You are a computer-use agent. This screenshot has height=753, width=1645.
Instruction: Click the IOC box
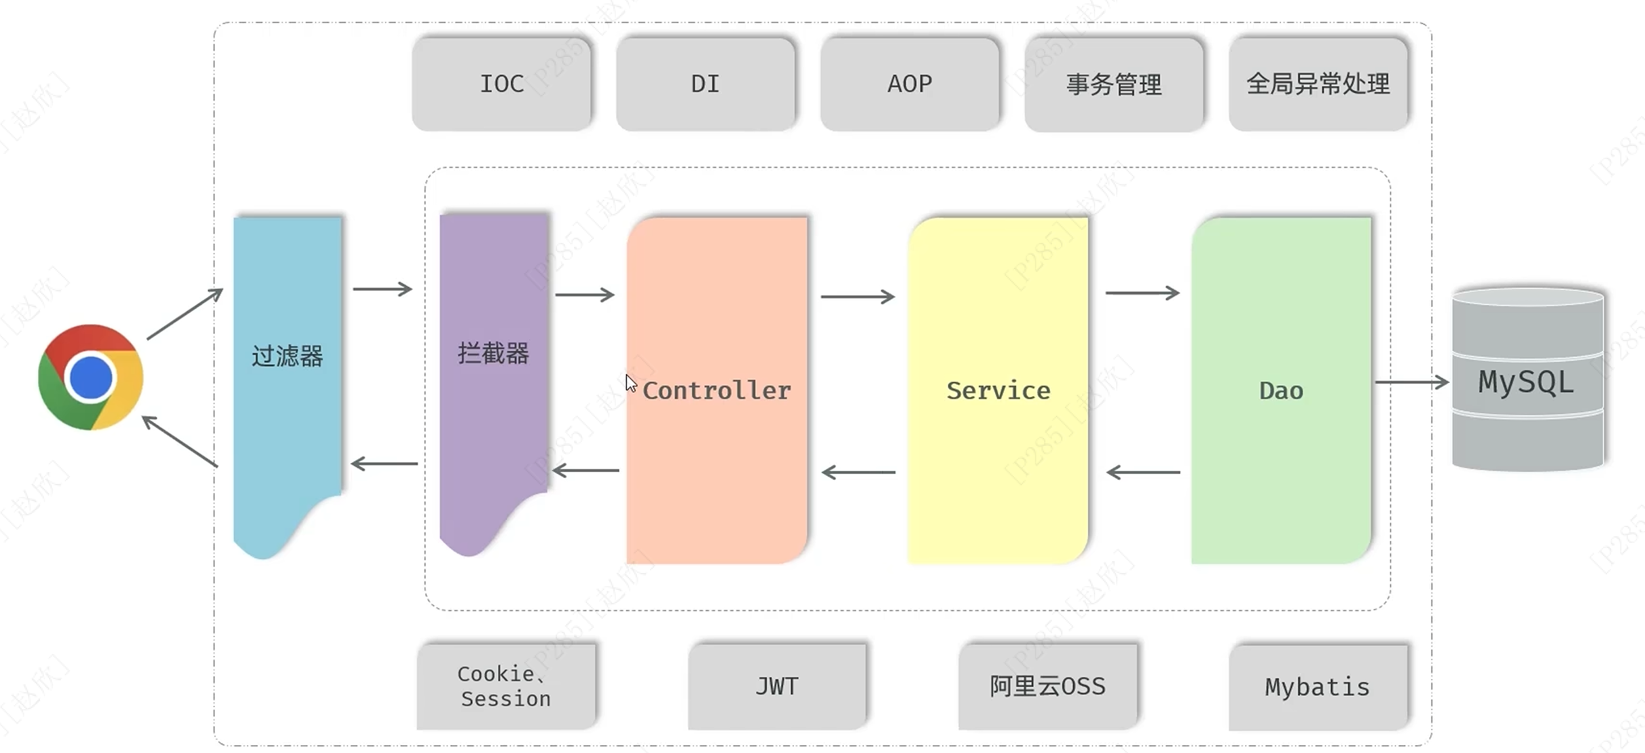tap(501, 84)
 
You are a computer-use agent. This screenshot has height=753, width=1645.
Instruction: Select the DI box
tap(705, 84)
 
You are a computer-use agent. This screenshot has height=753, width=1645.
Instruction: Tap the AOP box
tap(909, 84)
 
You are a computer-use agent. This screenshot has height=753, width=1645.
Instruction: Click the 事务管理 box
tap(1113, 84)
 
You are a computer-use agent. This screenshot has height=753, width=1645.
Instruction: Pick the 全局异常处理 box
tap(1318, 84)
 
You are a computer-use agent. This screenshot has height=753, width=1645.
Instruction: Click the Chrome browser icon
tap(90, 377)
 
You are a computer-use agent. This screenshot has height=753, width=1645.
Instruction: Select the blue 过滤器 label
tap(287, 356)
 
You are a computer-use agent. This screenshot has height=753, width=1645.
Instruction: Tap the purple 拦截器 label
tap(493, 354)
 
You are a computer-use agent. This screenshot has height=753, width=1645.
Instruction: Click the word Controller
tap(717, 390)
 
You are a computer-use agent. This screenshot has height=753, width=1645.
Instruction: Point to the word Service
tap(998, 390)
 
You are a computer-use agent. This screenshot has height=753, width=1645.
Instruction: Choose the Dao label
tap(1281, 390)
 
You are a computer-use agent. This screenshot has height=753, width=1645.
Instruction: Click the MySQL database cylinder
tap(1527, 380)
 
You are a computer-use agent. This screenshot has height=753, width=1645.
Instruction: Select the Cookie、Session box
tap(505, 686)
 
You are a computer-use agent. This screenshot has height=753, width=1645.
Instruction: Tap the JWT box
tap(777, 686)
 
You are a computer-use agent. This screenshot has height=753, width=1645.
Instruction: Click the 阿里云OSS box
tap(1047, 686)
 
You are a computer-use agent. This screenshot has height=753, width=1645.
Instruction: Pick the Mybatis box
tap(1317, 687)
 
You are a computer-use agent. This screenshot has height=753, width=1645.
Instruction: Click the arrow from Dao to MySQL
tap(1412, 382)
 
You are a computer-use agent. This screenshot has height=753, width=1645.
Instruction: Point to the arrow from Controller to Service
tap(858, 297)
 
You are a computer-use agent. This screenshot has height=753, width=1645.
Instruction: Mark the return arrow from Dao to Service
tap(1143, 472)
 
